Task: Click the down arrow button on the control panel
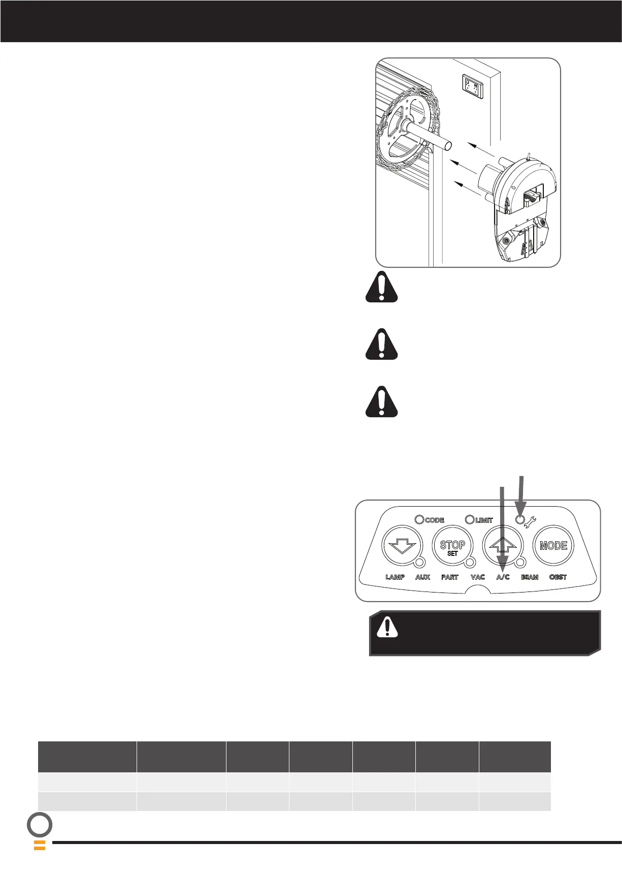[402, 546]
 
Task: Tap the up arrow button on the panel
[503, 546]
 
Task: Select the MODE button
[553, 546]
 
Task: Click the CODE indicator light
[419, 520]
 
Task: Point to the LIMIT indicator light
[470, 520]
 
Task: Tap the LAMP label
[395, 577]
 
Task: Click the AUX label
[422, 577]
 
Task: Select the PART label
[450, 577]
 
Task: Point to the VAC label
[478, 577]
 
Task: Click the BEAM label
[530, 577]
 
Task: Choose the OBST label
[558, 577]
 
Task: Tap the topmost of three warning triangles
[382, 288]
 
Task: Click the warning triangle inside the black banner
[387, 627]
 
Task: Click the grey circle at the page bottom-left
[40, 825]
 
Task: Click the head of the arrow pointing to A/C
[502, 564]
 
